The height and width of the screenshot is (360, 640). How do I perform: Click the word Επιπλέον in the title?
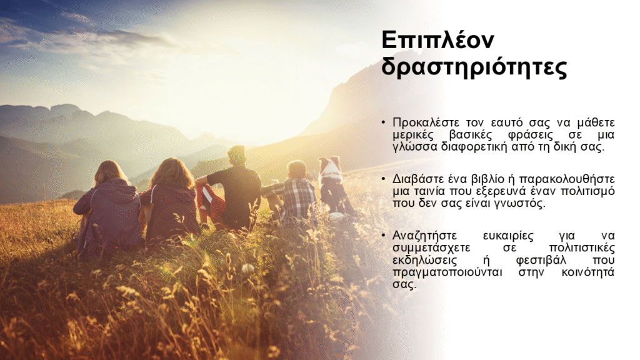(x=437, y=39)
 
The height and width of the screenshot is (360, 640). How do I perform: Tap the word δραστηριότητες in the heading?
(x=474, y=67)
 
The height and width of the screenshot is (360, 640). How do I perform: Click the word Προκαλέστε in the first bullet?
(x=426, y=122)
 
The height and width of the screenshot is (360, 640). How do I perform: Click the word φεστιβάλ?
(x=541, y=260)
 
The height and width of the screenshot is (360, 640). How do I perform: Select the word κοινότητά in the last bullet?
(x=587, y=272)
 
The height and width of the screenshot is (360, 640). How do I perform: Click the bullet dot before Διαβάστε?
(x=384, y=179)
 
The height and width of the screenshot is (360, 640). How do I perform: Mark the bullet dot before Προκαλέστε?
(x=384, y=122)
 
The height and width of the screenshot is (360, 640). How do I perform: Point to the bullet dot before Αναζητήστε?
(x=384, y=236)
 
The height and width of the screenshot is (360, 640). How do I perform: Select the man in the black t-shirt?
(x=232, y=187)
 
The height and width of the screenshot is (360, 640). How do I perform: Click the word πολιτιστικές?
(x=582, y=248)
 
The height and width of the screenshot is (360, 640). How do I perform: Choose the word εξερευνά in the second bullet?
(x=501, y=191)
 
